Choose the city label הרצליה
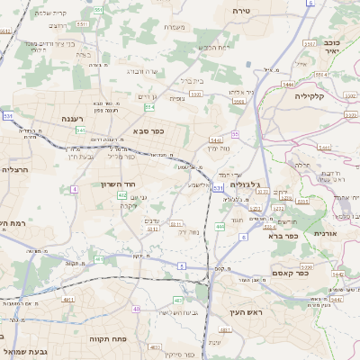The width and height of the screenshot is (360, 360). (x=16, y=169)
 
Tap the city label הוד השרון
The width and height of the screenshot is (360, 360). (x=117, y=184)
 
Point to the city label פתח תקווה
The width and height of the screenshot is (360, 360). (x=110, y=338)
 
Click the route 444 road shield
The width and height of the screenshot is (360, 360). (x=220, y=227)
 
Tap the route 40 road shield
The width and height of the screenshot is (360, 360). (x=136, y=309)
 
